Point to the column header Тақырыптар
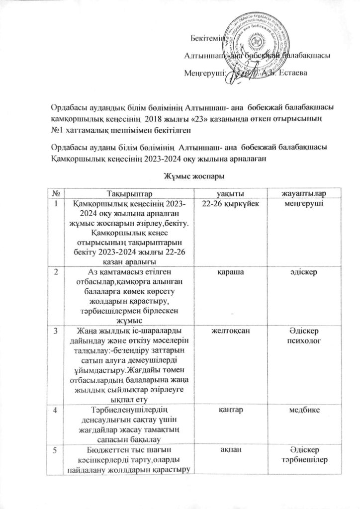126,192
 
